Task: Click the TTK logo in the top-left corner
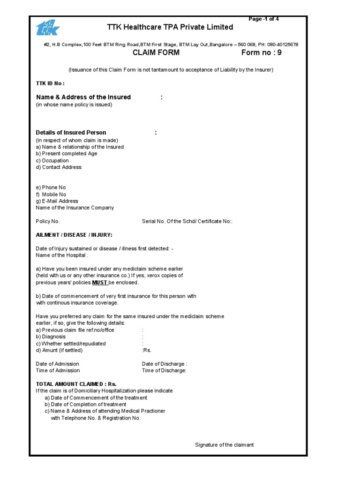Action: coord(48,28)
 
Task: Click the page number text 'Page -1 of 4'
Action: coord(263,19)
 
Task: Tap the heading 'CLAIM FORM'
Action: coord(156,53)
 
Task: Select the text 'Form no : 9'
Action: coord(261,53)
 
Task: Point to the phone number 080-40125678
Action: coord(282,45)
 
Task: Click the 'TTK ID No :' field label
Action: coord(50,83)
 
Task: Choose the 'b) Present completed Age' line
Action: coord(67,154)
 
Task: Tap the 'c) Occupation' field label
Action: coord(52,160)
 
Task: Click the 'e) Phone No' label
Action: coord(51,187)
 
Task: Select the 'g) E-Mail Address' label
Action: coord(57,201)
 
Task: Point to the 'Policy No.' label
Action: coord(48,221)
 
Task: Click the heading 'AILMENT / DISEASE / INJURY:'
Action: coord(74,235)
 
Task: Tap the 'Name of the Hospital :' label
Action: coord(62,255)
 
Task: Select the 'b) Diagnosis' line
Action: coord(51,337)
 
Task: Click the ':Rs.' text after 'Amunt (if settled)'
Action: coord(147,350)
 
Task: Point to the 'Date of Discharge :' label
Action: coord(165,364)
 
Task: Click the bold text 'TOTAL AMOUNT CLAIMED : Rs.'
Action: coord(76,384)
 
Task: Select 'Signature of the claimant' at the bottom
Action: coord(224,445)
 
